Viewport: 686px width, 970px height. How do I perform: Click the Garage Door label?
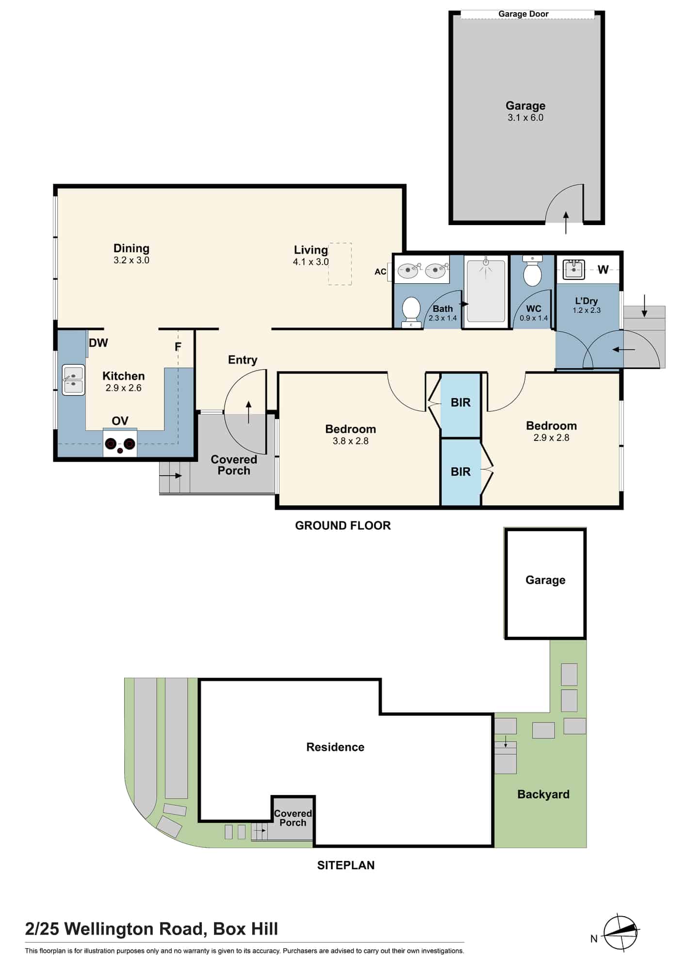click(x=523, y=14)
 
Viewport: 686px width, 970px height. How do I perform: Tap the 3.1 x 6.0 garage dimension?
click(x=525, y=118)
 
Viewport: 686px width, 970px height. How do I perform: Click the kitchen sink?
click(x=73, y=380)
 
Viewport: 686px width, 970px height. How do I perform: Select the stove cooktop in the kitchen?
click(x=120, y=444)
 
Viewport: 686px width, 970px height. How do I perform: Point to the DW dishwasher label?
click(x=98, y=343)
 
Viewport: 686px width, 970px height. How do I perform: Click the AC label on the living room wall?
click(x=380, y=272)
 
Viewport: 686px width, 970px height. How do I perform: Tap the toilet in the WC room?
click(x=532, y=273)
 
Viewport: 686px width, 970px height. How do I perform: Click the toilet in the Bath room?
click(x=411, y=310)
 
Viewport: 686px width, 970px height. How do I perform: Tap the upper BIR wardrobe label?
click(x=460, y=403)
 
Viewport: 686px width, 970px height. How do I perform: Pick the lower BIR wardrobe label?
click(x=460, y=471)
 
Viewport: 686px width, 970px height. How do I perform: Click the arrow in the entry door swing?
click(x=249, y=412)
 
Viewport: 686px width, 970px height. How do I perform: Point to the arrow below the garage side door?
click(x=566, y=223)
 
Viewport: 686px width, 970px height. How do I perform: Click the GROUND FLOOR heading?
click(x=343, y=526)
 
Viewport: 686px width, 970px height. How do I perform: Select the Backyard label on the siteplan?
click(x=543, y=794)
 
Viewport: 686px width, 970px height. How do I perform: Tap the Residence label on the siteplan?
click(x=335, y=747)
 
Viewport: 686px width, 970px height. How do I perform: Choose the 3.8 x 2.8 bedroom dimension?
click(x=351, y=441)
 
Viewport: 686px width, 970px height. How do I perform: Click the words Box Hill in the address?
click(x=245, y=929)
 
